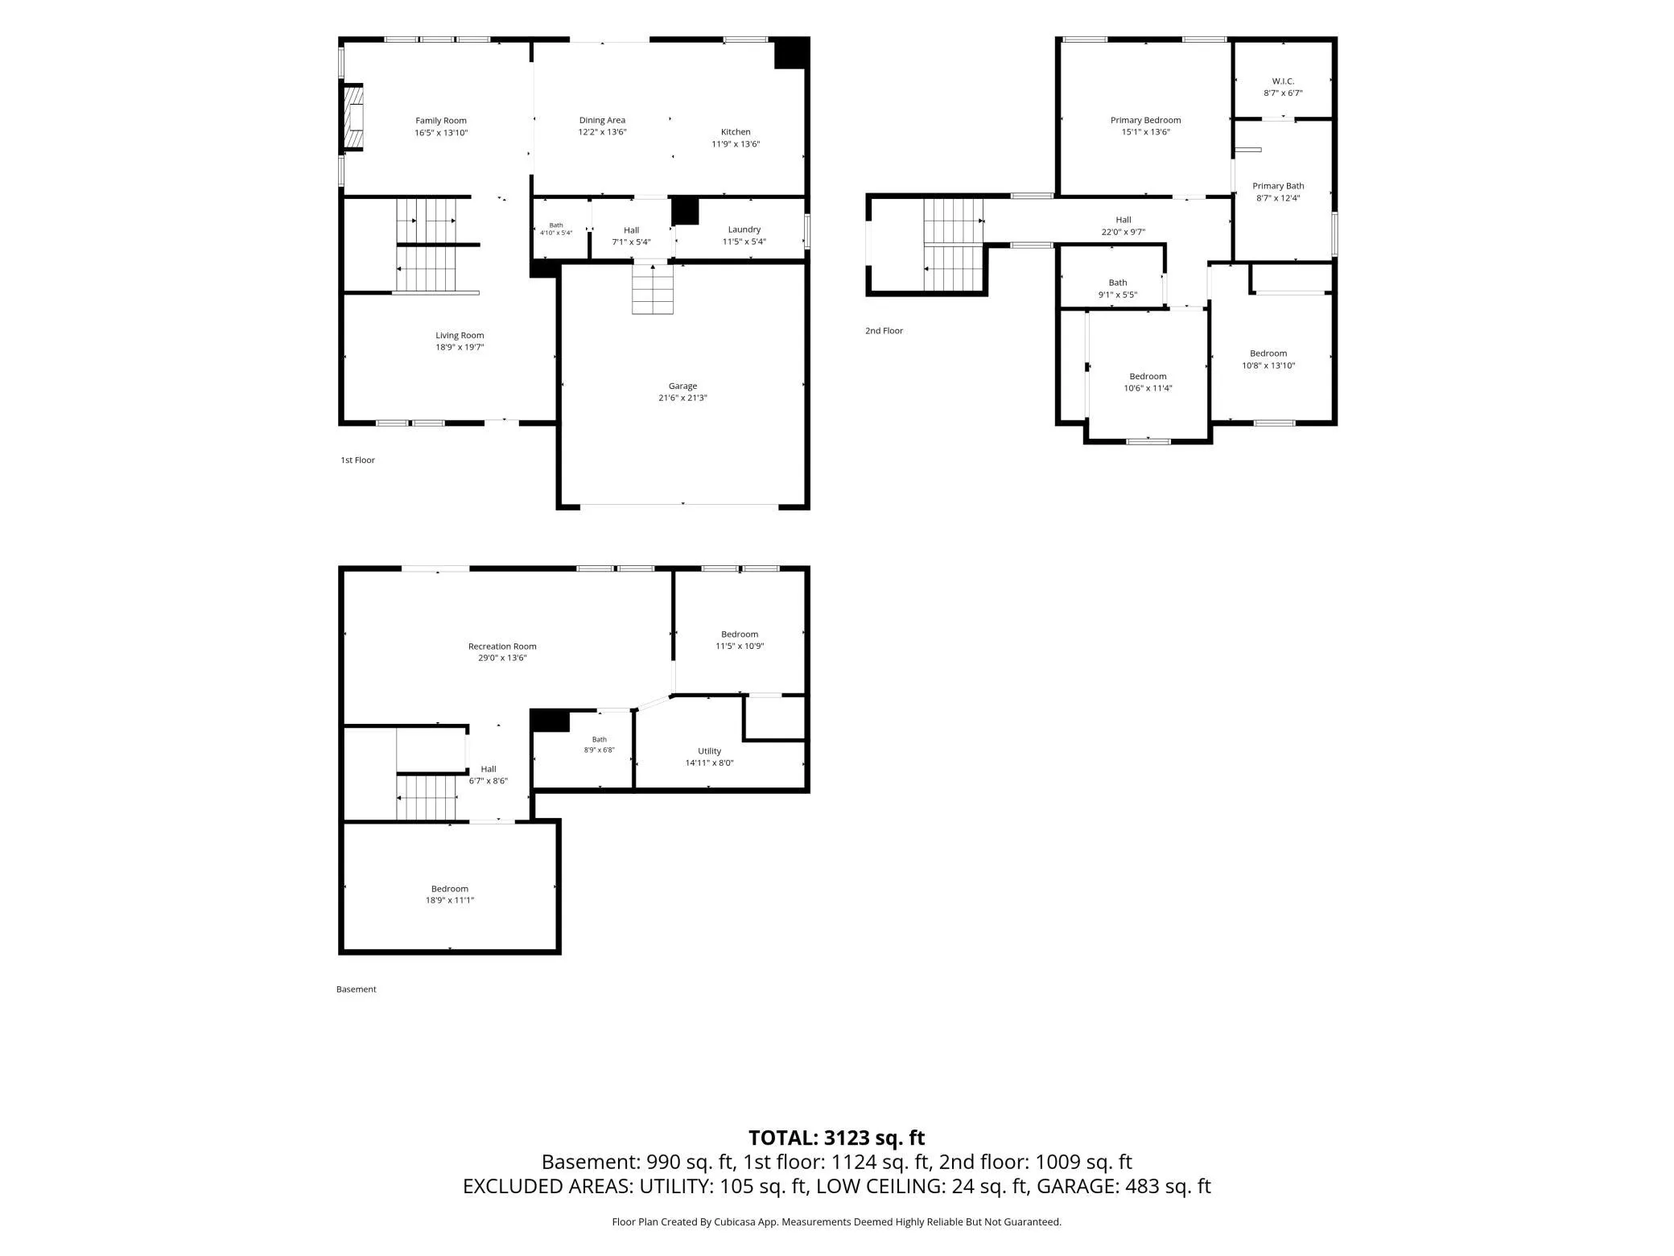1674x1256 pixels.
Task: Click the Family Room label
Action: coord(441,121)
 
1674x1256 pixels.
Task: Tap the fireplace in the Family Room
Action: coord(354,118)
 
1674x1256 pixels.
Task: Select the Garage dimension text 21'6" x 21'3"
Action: coord(682,398)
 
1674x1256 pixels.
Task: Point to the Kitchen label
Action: coord(736,132)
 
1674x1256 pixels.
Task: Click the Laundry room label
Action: coord(744,229)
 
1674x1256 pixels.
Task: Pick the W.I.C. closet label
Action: coord(1283,81)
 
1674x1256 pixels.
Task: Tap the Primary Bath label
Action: coord(1278,186)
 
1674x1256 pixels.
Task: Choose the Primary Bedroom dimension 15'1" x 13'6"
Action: coord(1146,132)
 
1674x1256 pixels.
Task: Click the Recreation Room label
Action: coord(502,647)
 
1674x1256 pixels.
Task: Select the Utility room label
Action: coord(710,751)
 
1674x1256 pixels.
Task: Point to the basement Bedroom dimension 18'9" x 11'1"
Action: coord(450,900)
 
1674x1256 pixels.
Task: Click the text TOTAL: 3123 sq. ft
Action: coord(837,1138)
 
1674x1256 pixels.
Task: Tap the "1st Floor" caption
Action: coord(357,461)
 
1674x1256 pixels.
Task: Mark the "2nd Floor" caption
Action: coord(884,331)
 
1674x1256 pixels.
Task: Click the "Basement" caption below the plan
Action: coord(356,990)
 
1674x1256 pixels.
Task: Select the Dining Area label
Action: coord(602,121)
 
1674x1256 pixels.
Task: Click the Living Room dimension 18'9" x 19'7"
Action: coord(460,348)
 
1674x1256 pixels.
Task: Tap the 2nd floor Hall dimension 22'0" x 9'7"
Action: coord(1124,232)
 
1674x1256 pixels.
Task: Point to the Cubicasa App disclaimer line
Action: coord(837,1222)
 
